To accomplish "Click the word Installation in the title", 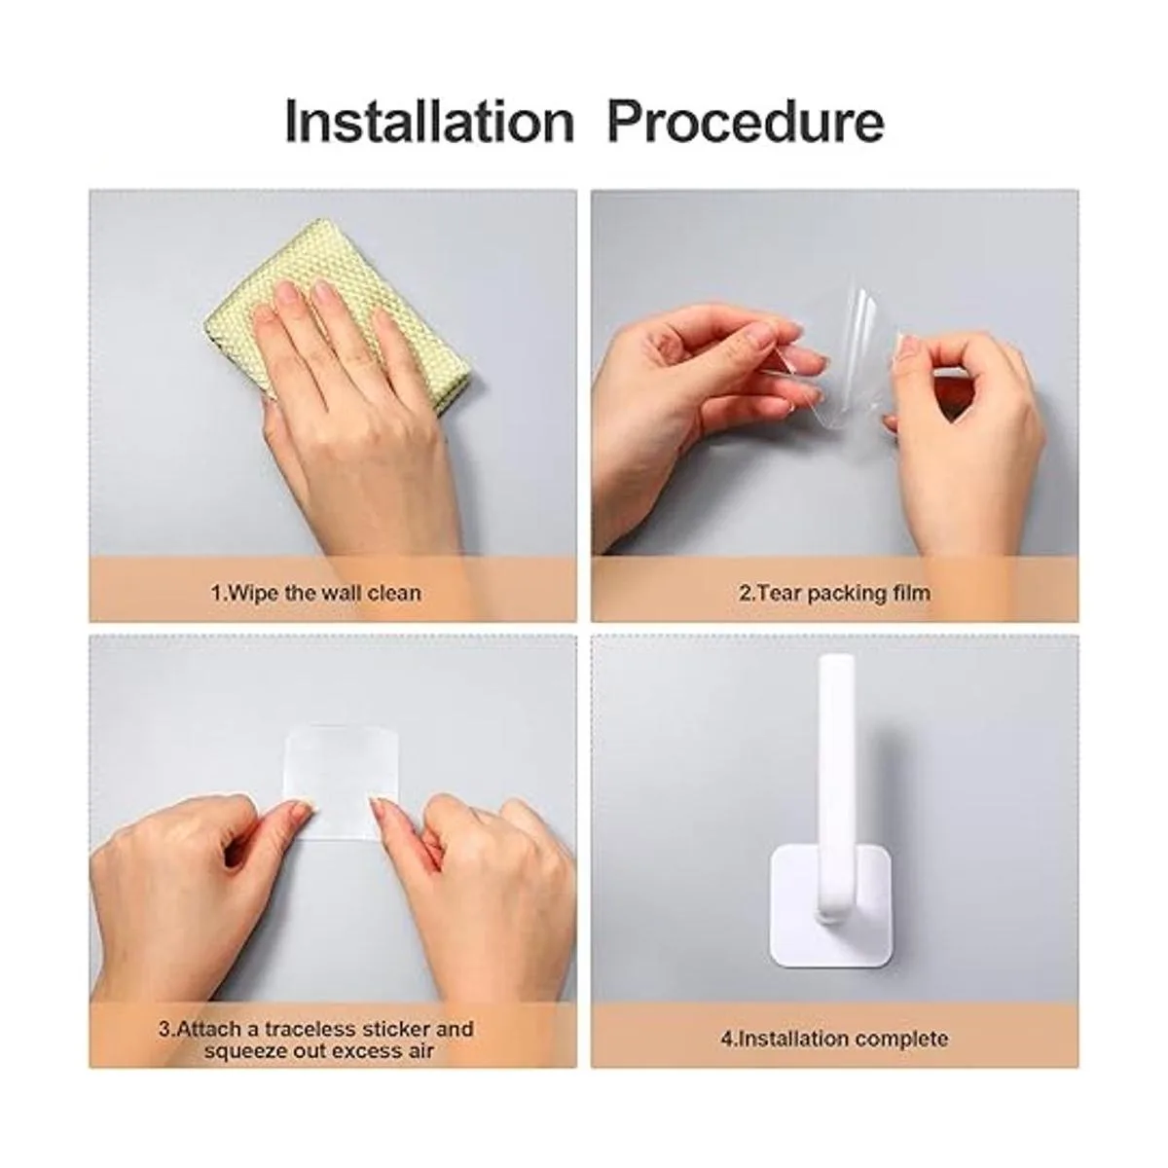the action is (429, 123).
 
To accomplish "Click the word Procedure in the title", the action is (745, 123).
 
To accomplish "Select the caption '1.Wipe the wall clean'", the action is (315, 592).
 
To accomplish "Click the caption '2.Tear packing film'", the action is (834, 592).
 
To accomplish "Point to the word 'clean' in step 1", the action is (394, 592).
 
